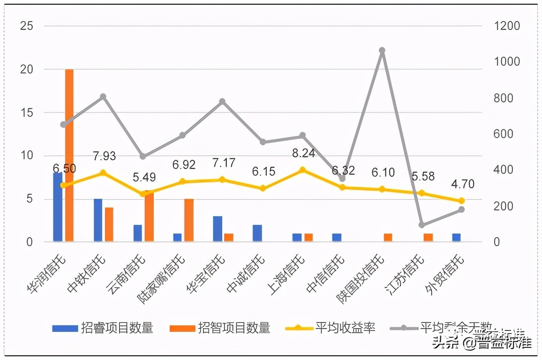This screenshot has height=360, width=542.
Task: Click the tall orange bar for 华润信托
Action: pyautogui.click(x=69, y=155)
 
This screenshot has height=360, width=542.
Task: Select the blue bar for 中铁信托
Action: pyautogui.click(x=98, y=220)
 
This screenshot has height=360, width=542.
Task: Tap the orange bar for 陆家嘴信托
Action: pyautogui.click(x=189, y=220)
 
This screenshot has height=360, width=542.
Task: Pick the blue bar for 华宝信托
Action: pyautogui.click(x=218, y=229)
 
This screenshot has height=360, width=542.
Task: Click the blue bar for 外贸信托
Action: pyautogui.click(x=456, y=238)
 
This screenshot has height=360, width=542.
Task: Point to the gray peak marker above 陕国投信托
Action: pyautogui.click(x=382, y=51)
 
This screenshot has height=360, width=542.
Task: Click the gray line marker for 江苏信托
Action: pyautogui.click(x=422, y=225)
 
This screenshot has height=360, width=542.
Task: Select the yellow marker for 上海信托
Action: pyautogui.click(x=303, y=170)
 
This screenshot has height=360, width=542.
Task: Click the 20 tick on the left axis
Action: pyautogui.click(x=27, y=69)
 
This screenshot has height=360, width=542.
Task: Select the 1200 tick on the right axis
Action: pyautogui.click(x=507, y=26)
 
